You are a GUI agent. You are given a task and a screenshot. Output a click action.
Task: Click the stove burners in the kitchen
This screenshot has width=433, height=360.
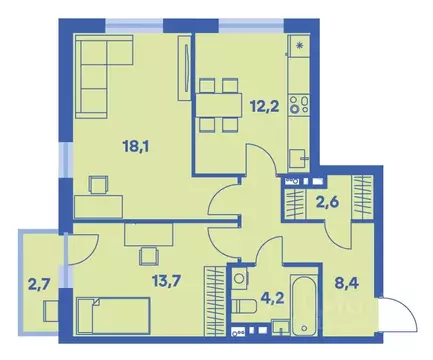(x=297, y=103)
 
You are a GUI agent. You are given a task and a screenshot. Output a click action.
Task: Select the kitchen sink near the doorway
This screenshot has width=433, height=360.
(x=297, y=157)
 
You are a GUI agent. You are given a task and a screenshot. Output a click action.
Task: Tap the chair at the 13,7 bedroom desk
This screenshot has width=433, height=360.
(x=149, y=253)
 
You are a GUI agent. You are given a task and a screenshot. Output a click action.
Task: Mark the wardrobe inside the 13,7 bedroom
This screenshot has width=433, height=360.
(x=213, y=292)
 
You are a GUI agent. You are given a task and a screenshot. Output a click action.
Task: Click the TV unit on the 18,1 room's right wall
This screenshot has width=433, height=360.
(x=184, y=67)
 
